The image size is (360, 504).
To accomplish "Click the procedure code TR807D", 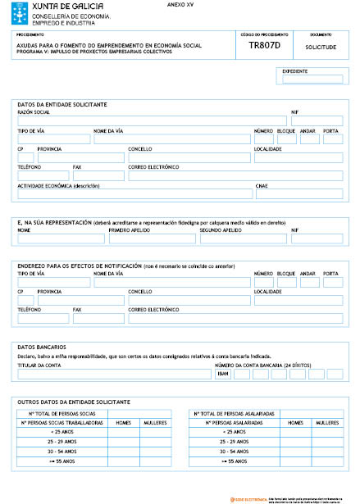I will pyautogui.click(x=264, y=47).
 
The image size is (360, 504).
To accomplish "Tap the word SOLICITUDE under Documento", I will pyautogui.click(x=321, y=48).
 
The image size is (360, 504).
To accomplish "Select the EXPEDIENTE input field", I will pyautogui.click(x=312, y=79).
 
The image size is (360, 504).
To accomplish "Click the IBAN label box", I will pyautogui.click(x=222, y=374).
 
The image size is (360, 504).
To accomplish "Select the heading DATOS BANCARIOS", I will pyautogui.click(x=40, y=347).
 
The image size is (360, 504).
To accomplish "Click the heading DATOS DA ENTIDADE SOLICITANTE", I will pyautogui.click(x=62, y=104).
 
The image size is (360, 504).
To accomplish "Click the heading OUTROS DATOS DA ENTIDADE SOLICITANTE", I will pyautogui.click(x=74, y=402).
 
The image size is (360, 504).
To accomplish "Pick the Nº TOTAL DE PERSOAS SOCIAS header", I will pyautogui.click(x=63, y=414).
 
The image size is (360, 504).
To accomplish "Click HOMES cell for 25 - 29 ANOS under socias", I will pyautogui.click(x=123, y=441).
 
